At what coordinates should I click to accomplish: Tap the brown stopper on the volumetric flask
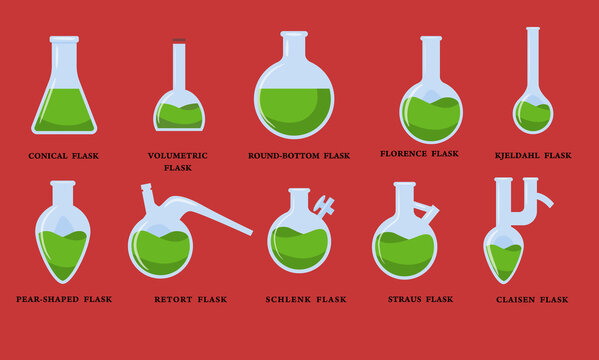179,42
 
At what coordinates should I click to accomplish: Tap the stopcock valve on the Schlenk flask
324,207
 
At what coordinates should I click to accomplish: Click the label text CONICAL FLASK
64,156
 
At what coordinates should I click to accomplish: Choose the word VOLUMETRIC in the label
178,156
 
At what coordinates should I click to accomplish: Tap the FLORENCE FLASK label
420,154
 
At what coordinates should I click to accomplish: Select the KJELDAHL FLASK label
534,155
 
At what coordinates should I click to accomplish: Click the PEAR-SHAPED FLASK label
64,299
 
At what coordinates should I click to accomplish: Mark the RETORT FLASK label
191,299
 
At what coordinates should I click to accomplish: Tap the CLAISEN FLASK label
533,299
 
